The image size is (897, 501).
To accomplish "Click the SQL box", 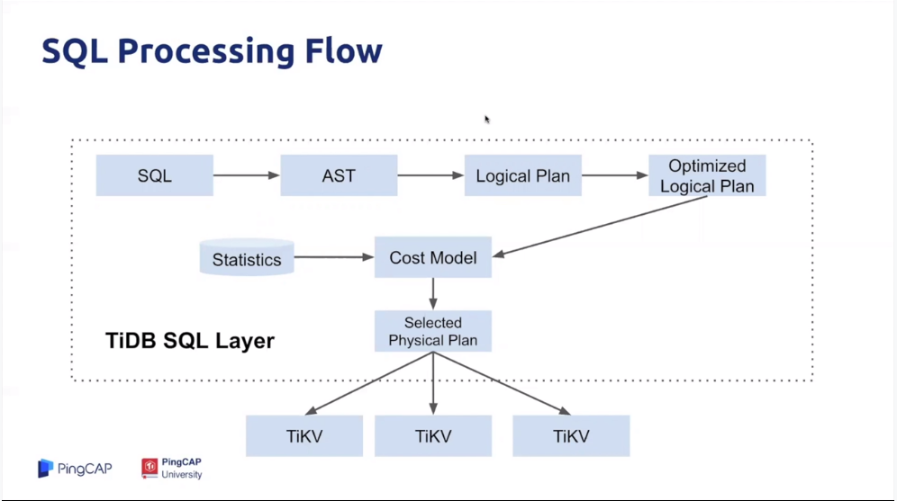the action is pyautogui.click(x=155, y=175).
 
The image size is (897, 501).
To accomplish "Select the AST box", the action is pyautogui.click(x=339, y=175).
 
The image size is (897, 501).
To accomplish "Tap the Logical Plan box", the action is pyautogui.click(x=523, y=175).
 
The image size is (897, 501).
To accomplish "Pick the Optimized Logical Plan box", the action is pyautogui.click(x=707, y=175).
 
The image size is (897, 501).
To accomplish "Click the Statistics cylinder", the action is pyautogui.click(x=247, y=257).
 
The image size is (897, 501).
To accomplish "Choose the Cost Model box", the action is pyautogui.click(x=433, y=257).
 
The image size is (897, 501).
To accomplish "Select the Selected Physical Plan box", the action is pyautogui.click(x=433, y=331).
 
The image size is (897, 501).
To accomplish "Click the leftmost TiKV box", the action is pyautogui.click(x=304, y=436).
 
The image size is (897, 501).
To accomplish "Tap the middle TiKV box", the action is pyautogui.click(x=433, y=436).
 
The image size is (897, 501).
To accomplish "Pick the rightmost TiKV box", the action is pyautogui.click(x=571, y=436).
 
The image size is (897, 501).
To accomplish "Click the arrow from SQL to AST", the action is pyautogui.click(x=247, y=175).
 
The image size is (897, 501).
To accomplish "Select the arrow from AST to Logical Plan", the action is pyautogui.click(x=430, y=175).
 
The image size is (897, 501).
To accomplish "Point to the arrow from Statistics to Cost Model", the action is pyautogui.click(x=334, y=257).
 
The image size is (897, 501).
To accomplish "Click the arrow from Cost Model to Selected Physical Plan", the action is pyautogui.click(x=433, y=294).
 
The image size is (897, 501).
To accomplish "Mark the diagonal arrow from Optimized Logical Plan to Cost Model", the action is pyautogui.click(x=600, y=227).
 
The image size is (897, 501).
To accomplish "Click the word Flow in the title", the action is pyautogui.click(x=343, y=50).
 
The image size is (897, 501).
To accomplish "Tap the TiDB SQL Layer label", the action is pyautogui.click(x=190, y=341).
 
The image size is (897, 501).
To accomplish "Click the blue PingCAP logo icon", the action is pyautogui.click(x=45, y=469).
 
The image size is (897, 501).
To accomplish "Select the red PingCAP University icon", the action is pyautogui.click(x=149, y=468).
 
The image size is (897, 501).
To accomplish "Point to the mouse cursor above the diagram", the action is pyautogui.click(x=487, y=120).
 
